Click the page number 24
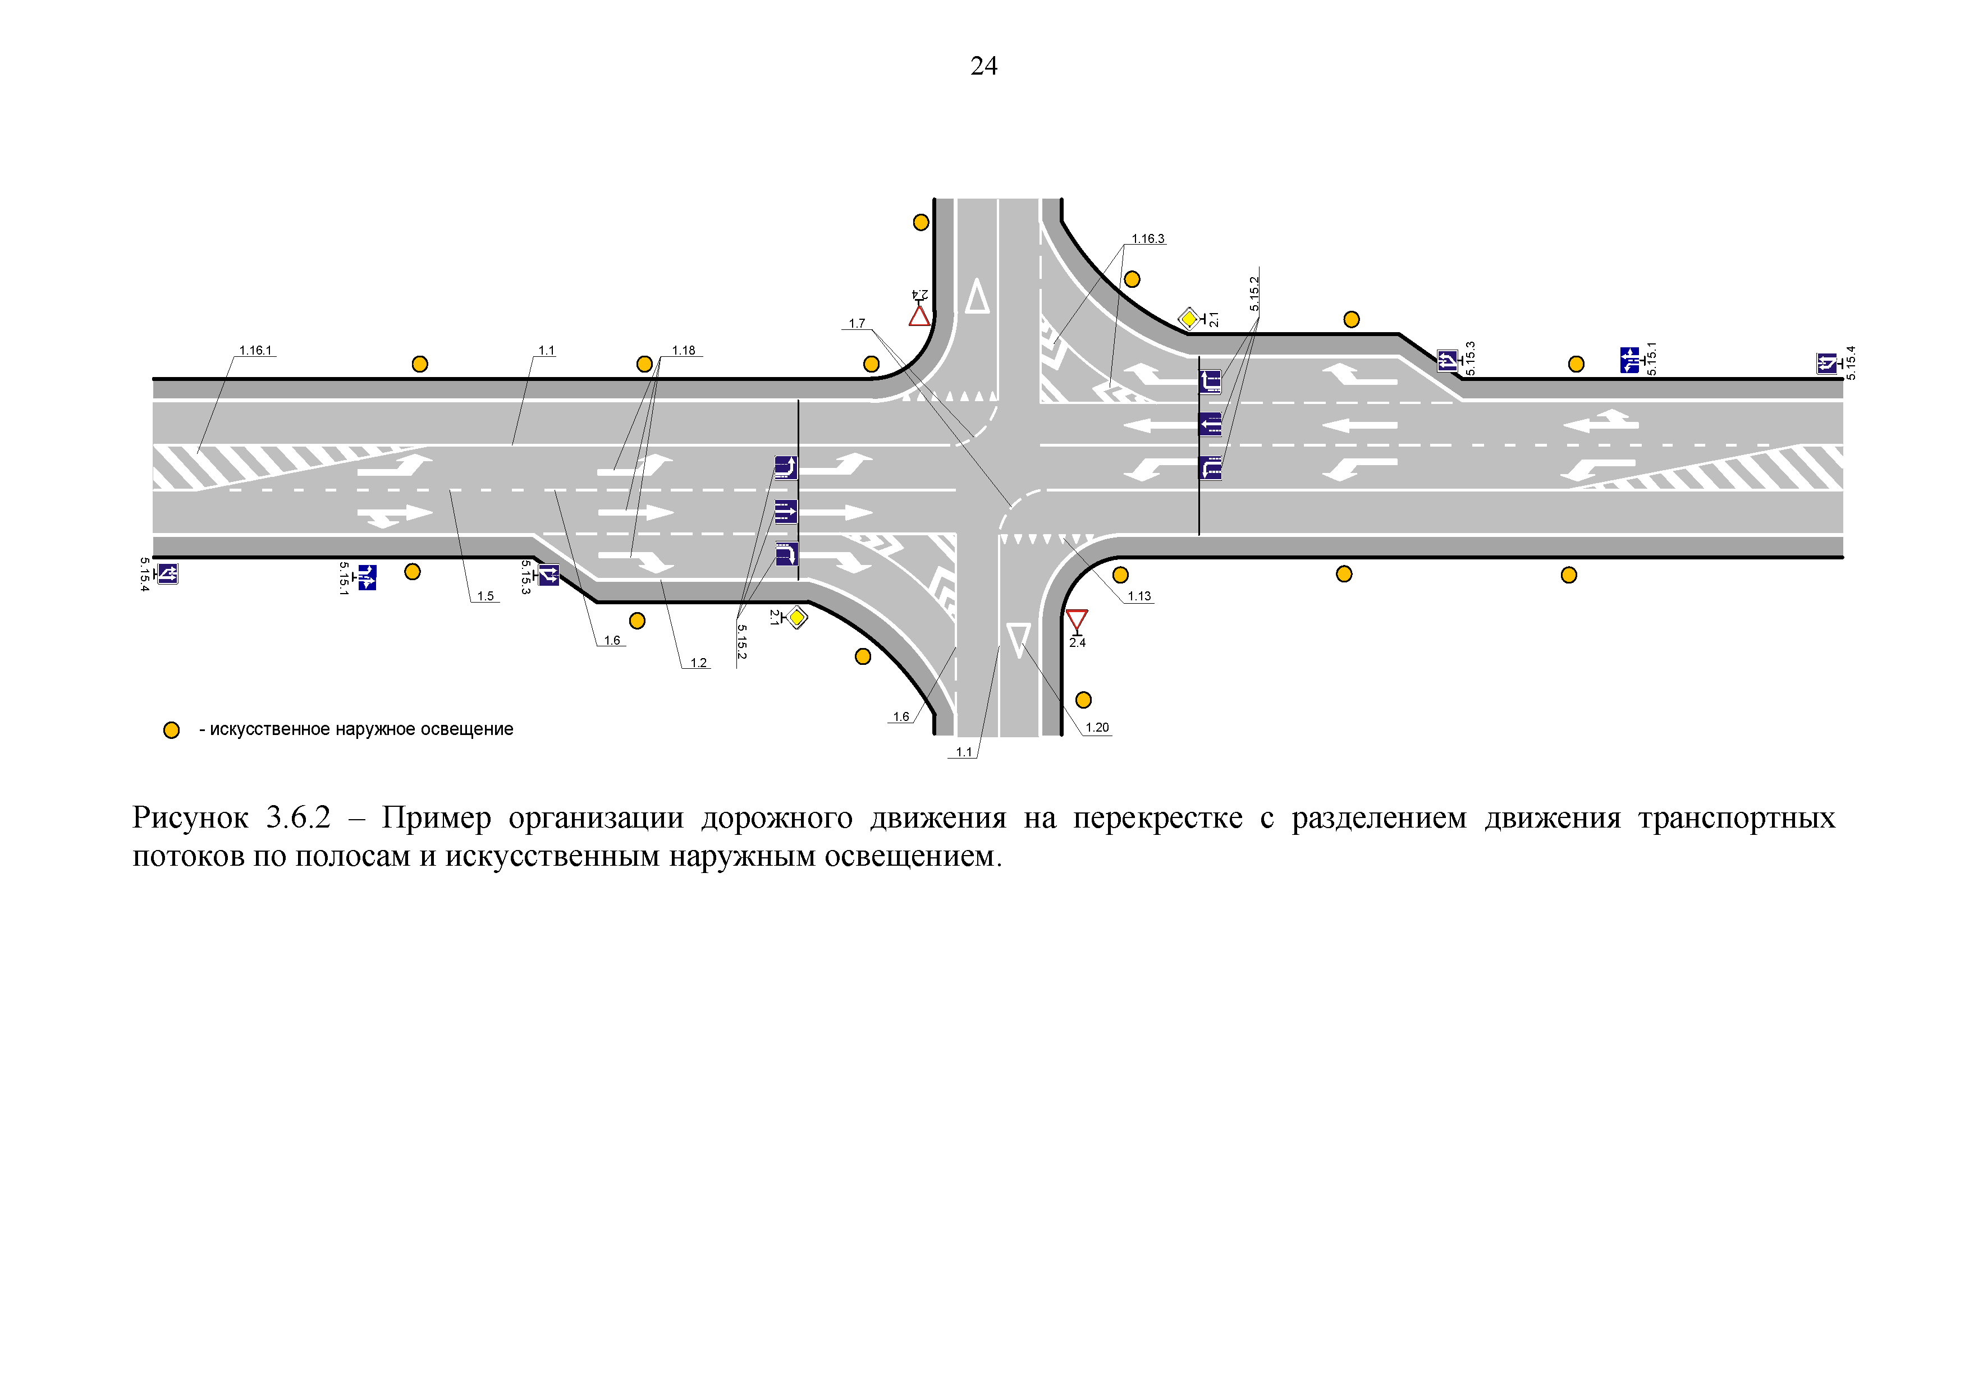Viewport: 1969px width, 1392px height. (983, 66)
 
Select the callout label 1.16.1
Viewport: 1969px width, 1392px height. (255, 351)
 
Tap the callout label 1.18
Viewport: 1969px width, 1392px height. (684, 351)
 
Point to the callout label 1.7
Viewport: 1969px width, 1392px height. (857, 324)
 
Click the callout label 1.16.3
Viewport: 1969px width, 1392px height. (1147, 239)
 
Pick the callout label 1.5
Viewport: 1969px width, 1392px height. (486, 596)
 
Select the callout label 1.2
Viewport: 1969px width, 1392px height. (698, 663)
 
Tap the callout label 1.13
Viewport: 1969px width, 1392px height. (1139, 596)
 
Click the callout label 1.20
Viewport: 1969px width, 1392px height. (1097, 728)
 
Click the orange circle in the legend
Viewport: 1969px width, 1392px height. (172, 731)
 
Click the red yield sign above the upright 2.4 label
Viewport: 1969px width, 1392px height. (1077, 621)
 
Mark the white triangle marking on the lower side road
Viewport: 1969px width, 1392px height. (1018, 640)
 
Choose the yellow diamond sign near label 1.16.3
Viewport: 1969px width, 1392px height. (1189, 319)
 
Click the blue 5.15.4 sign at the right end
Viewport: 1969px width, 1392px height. (1826, 364)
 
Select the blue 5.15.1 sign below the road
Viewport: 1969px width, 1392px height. (367, 578)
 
